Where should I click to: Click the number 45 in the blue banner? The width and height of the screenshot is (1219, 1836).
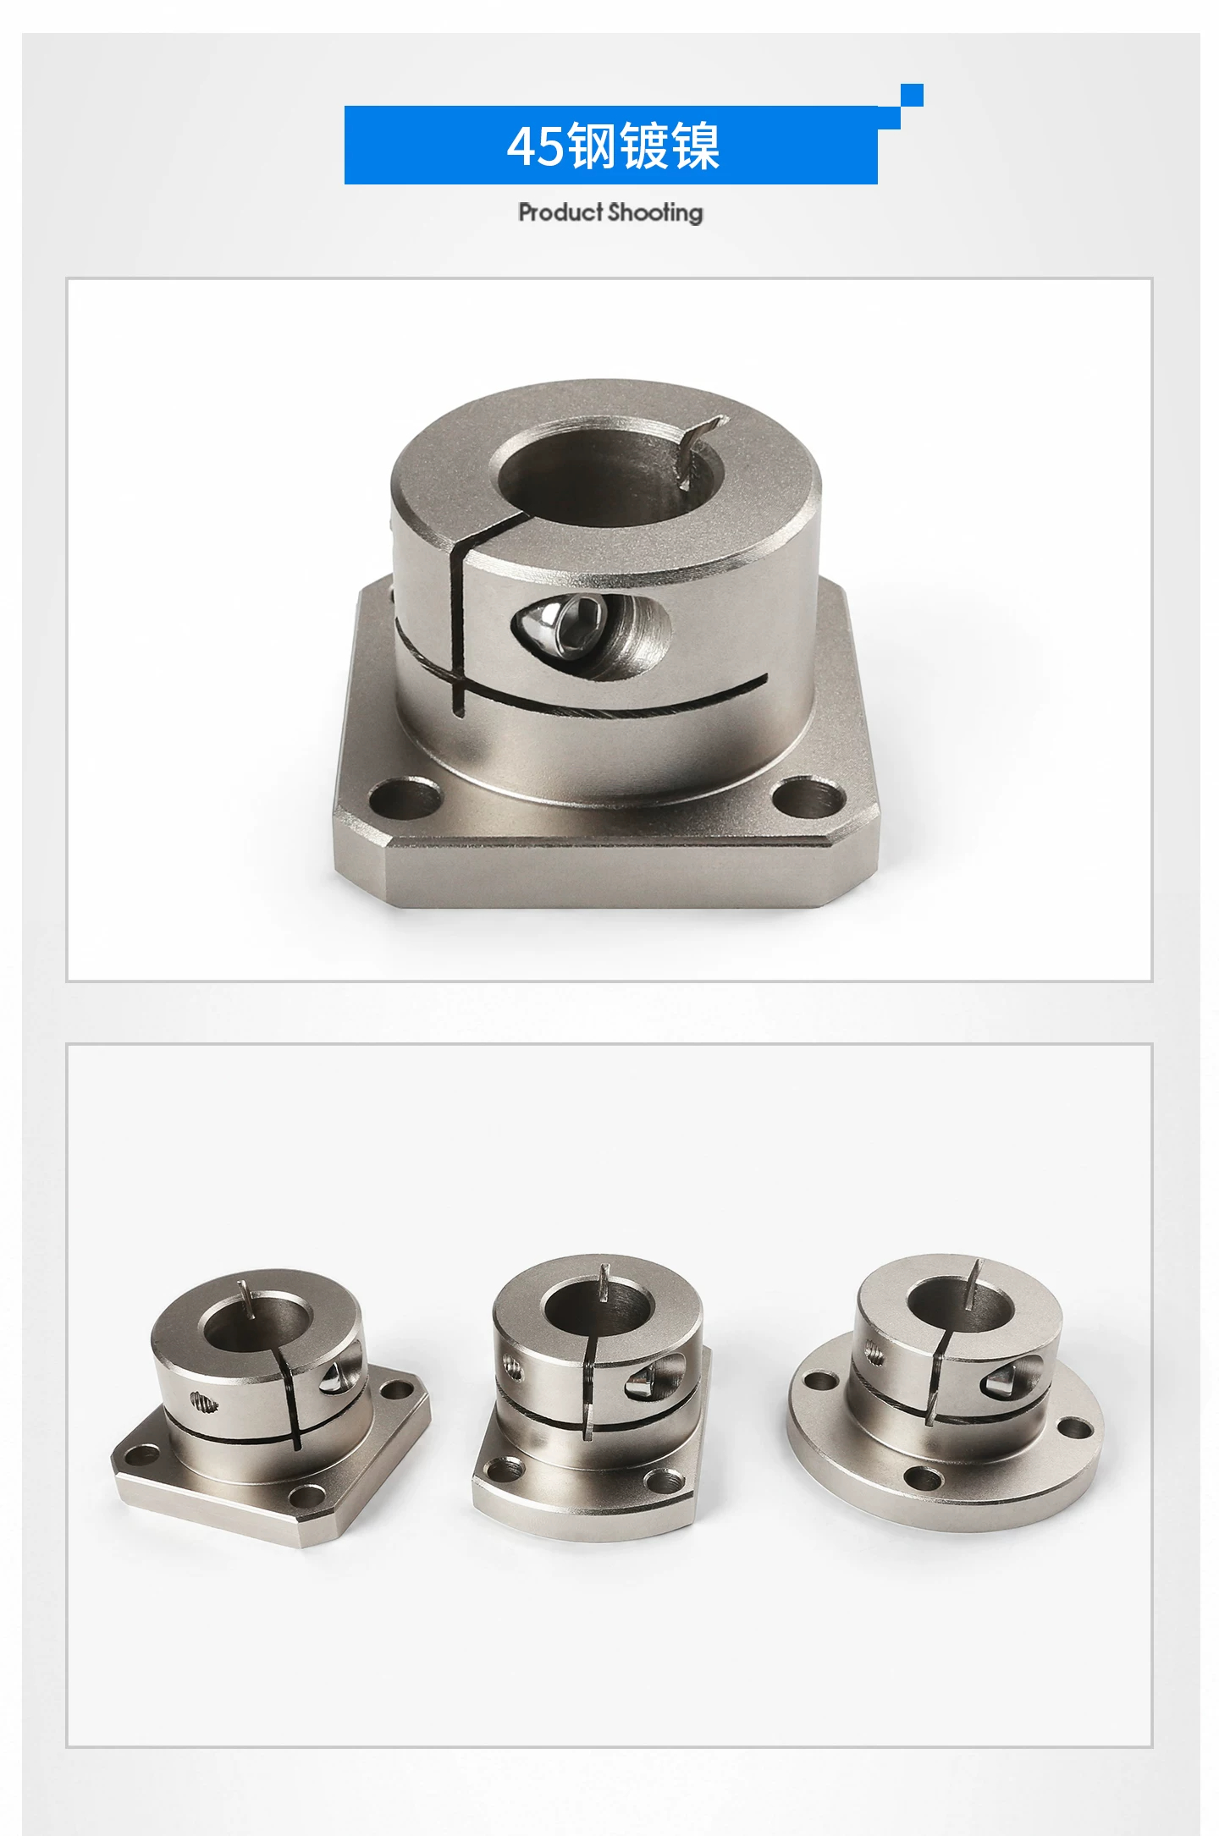click(535, 146)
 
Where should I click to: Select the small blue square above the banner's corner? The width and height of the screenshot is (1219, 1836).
click(912, 95)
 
